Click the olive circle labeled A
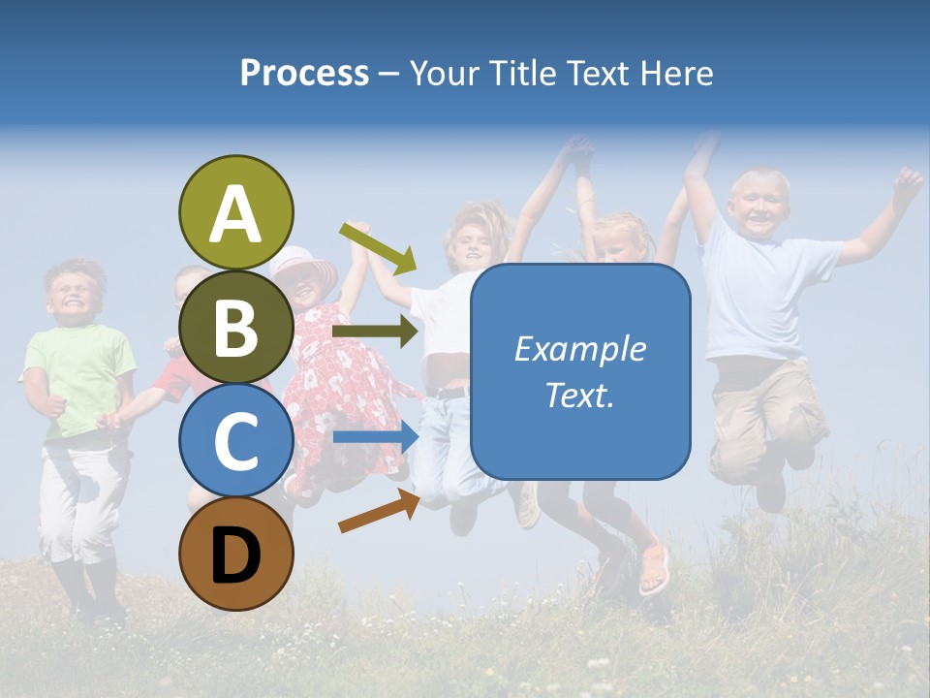click(x=236, y=212)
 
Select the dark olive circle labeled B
click(x=236, y=327)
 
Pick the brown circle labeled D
click(x=236, y=554)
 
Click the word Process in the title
click(x=304, y=73)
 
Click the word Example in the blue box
click(x=579, y=349)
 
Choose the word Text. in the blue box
click(x=579, y=395)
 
